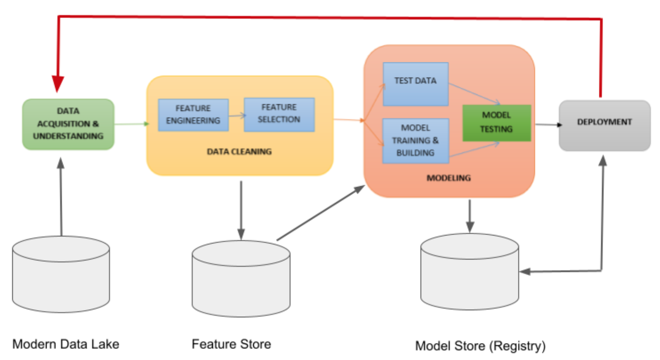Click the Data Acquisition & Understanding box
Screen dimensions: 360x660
[69, 124]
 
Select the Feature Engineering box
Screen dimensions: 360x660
[193, 115]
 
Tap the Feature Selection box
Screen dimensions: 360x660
[279, 114]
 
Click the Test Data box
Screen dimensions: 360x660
[416, 84]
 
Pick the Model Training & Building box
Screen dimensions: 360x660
[416, 141]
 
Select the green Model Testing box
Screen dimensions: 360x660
[496, 122]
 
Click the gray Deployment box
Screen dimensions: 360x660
[605, 125]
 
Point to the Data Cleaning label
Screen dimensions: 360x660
[239, 151]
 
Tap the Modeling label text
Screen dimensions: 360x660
[448, 178]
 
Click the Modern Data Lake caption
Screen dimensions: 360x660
[66, 344]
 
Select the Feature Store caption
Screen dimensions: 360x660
[231, 344]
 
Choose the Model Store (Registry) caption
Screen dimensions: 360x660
[480, 346]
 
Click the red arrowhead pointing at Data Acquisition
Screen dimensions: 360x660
[58, 85]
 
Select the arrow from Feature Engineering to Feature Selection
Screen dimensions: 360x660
[236, 114]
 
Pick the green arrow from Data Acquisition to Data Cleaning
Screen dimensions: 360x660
[132, 124]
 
